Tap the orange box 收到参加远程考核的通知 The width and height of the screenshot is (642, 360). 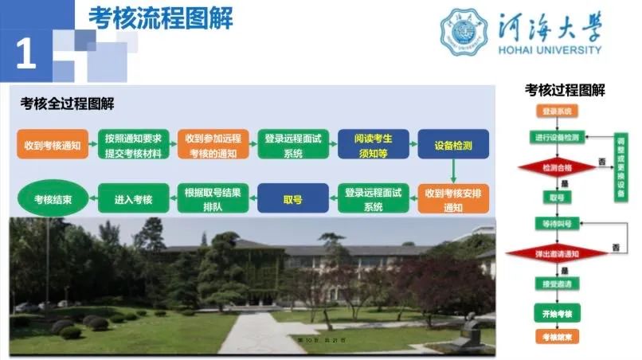tap(211, 145)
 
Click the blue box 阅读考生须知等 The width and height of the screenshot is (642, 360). tap(370, 145)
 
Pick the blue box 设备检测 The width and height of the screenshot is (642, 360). tap(453, 145)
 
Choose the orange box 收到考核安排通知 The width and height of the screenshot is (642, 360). tap(453, 199)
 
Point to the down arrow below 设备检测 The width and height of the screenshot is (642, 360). tap(453, 171)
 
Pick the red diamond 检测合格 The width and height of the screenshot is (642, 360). tap(557, 168)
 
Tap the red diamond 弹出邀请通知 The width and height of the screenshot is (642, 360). tap(557, 254)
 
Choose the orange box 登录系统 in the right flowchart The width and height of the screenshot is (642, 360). tap(557, 112)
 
